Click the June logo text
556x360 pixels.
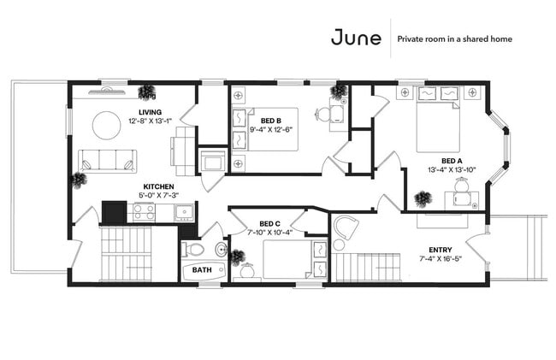(x=356, y=38)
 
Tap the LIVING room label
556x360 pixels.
(x=150, y=112)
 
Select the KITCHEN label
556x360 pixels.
(x=158, y=186)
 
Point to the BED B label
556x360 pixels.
(x=271, y=121)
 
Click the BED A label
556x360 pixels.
(x=452, y=162)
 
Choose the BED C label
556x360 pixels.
(x=269, y=224)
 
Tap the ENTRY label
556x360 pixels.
(x=441, y=250)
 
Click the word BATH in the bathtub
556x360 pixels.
(x=202, y=270)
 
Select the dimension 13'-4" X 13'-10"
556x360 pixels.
(x=452, y=169)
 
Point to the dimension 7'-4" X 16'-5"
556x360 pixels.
(x=440, y=258)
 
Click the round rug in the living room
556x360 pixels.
(x=106, y=126)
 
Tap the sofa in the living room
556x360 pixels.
(x=108, y=162)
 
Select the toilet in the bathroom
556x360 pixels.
(x=192, y=249)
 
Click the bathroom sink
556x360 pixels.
(x=222, y=249)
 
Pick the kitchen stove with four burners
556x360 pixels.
(x=144, y=211)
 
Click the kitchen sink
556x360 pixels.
(x=184, y=213)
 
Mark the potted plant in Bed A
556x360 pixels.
(x=423, y=198)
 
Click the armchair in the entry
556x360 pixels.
(x=346, y=227)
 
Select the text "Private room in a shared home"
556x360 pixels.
(x=454, y=39)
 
